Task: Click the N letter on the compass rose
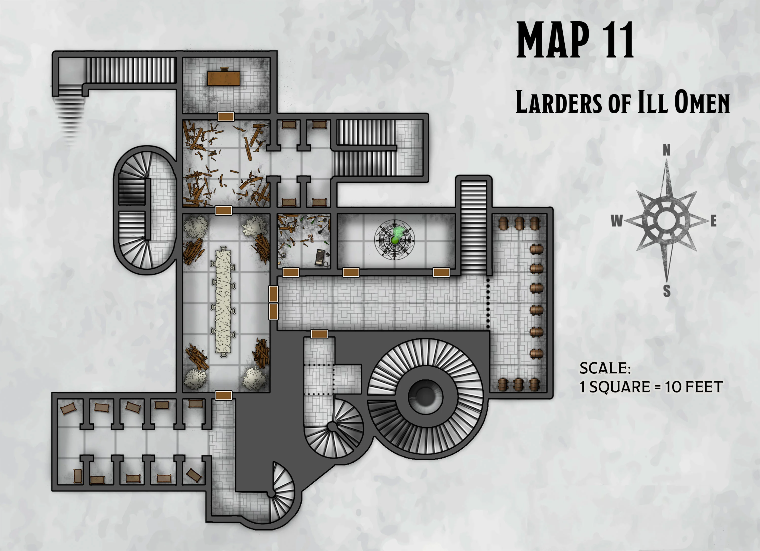pyautogui.click(x=667, y=150)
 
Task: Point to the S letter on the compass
pyautogui.click(x=667, y=291)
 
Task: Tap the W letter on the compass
pyautogui.click(x=617, y=221)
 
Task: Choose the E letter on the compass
pyautogui.click(x=713, y=221)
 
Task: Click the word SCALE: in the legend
pyautogui.click(x=605, y=368)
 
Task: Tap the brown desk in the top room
pyautogui.click(x=223, y=78)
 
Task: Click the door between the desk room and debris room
pyautogui.click(x=225, y=117)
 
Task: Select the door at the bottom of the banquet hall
pyautogui.click(x=223, y=395)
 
